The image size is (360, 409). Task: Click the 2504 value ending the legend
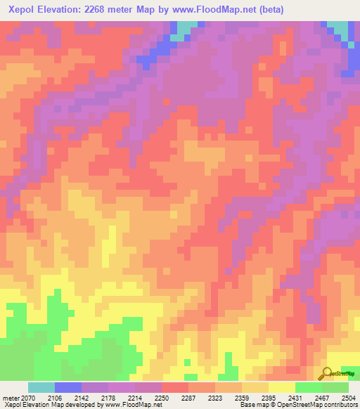coord(349,397)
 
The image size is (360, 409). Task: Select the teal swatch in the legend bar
coord(41,387)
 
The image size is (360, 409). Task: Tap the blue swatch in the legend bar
coord(68,387)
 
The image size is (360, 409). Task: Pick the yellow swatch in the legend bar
coord(282,387)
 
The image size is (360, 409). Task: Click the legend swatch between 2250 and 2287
coord(175,387)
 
